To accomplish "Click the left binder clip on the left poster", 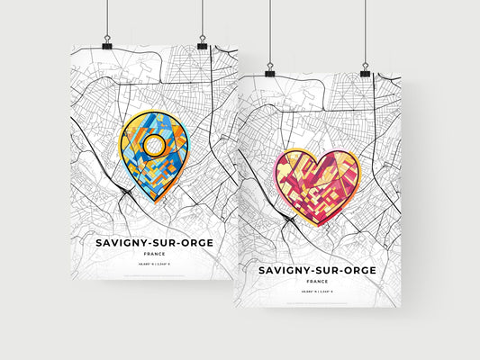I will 106,43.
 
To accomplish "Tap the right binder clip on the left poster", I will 202,42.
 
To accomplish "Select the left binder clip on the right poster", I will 269,70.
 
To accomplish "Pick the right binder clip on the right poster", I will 365,69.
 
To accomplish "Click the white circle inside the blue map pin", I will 156,145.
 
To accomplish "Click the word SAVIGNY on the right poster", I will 282,269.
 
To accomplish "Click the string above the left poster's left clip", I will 106,18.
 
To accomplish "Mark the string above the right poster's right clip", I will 365,31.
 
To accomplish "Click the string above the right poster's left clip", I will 269,31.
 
